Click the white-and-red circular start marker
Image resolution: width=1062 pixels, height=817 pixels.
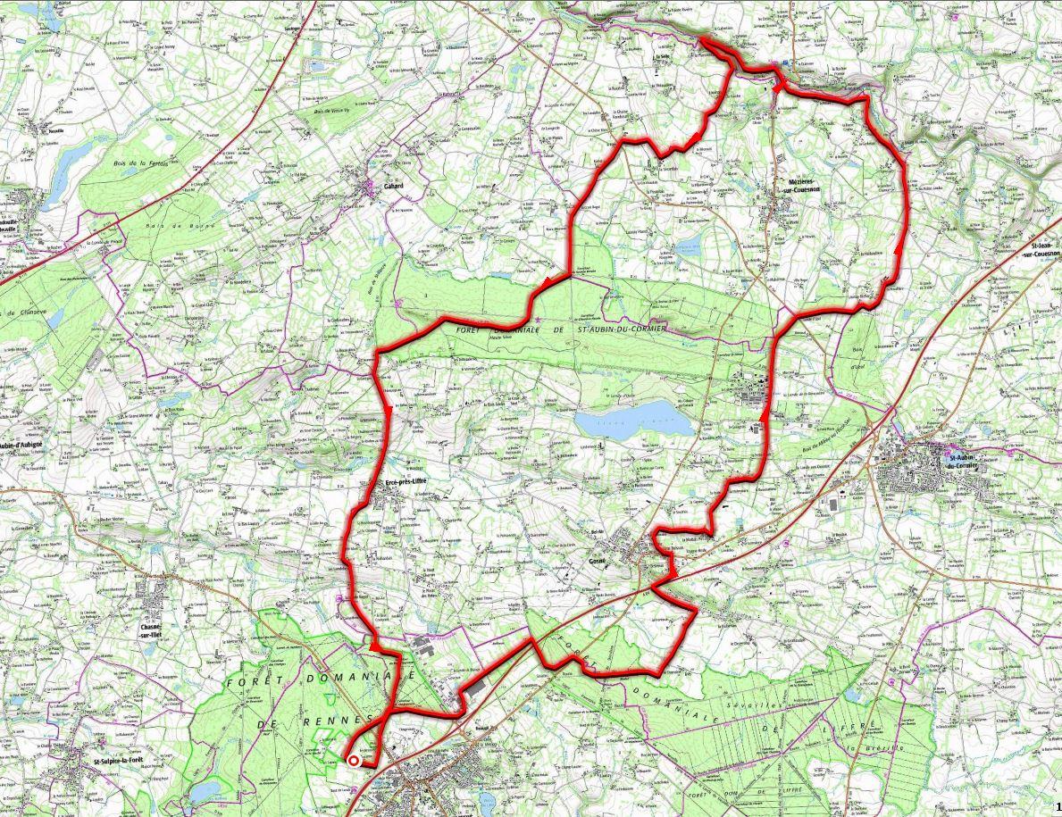pyautogui.click(x=354, y=761)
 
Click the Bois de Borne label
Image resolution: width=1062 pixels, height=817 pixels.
pyautogui.click(x=185, y=227)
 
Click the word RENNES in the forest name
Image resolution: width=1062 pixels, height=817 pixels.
pyautogui.click(x=336, y=720)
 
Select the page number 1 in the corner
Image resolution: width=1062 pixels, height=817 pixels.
pyautogui.click(x=1057, y=808)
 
